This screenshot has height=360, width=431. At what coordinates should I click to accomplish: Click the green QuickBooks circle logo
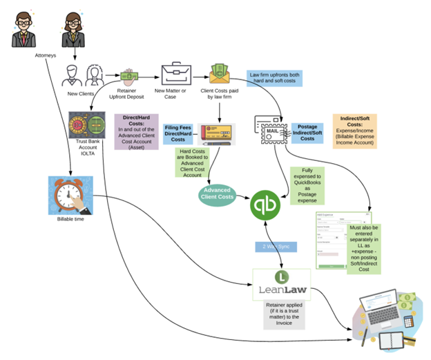(x=266, y=205)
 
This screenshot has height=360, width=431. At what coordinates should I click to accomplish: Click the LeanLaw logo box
(x=280, y=284)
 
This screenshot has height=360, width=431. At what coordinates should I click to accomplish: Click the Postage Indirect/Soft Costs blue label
(x=308, y=133)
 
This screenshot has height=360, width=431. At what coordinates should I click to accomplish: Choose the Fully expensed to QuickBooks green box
(x=307, y=183)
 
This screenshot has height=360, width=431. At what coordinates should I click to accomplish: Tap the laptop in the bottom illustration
(x=385, y=309)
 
